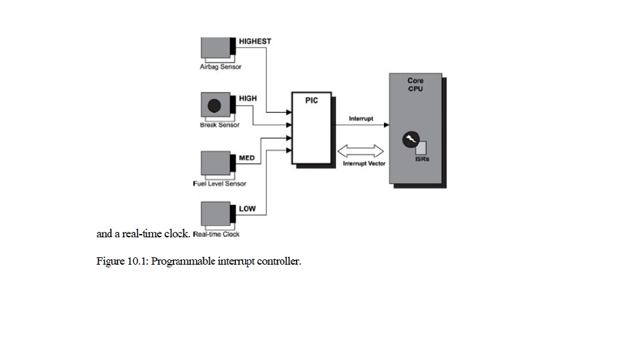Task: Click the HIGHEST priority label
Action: pos(255,41)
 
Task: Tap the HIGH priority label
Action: pos(247,99)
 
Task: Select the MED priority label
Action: pos(247,158)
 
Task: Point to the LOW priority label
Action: pos(247,209)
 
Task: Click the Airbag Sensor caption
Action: pos(221,67)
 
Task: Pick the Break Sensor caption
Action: pos(220,125)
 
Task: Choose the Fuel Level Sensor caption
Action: pos(219,184)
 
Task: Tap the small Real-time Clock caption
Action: pos(216,235)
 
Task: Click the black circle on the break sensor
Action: pos(215,105)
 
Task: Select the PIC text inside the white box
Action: pos(311,100)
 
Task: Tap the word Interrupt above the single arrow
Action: pos(361,119)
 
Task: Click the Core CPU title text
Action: pos(415,85)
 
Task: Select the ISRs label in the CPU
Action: pos(422,160)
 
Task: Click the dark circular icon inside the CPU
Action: pos(410,140)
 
